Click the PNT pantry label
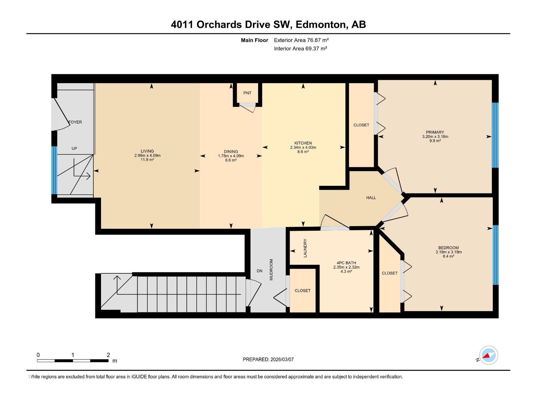247,93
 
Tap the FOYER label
76,122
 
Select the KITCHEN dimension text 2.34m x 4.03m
303,147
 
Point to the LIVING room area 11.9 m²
147,160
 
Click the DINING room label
231,151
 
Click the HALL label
371,198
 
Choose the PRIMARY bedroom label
435,132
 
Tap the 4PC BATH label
346,263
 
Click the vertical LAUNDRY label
305,248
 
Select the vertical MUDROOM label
271,270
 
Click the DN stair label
259,271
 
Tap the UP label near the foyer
74,148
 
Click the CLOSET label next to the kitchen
361,125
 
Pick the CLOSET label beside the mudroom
302,290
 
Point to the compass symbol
488,355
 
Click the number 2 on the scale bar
108,355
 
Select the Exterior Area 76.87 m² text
301,40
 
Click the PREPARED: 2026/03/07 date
268,359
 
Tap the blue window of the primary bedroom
495,135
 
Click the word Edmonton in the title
322,25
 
